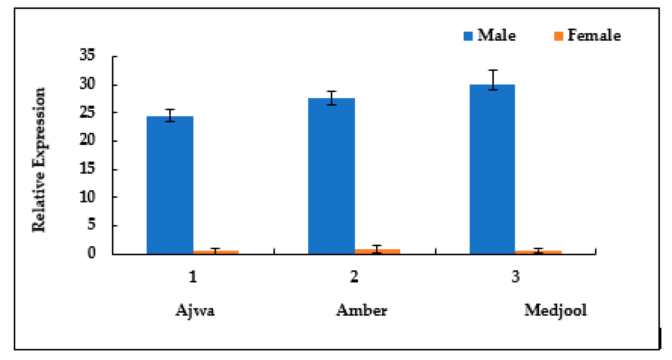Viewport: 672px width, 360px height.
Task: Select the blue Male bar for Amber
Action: coord(331,176)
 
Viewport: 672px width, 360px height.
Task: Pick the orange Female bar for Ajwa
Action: coord(216,252)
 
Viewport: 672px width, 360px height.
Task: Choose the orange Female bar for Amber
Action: coord(377,252)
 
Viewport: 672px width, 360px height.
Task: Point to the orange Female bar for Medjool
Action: coord(538,252)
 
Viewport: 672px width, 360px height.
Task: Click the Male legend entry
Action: coord(489,36)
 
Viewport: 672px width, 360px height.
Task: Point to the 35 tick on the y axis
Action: coord(87,55)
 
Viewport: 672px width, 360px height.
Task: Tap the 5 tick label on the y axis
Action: coord(91,224)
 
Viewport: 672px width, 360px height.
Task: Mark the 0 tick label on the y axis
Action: coord(91,252)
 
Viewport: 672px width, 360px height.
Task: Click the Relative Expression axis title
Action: coord(39,160)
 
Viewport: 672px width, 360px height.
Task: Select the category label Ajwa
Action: coord(195,311)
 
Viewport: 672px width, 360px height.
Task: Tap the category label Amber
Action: coord(362,310)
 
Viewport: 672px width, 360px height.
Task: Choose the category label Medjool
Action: coord(556,310)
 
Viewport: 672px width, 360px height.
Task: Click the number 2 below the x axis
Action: coord(354,277)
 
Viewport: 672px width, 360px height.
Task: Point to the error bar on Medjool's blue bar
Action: coord(493,80)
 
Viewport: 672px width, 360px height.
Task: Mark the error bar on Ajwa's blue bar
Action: coord(170,115)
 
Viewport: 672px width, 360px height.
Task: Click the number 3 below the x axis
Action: coord(515,277)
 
